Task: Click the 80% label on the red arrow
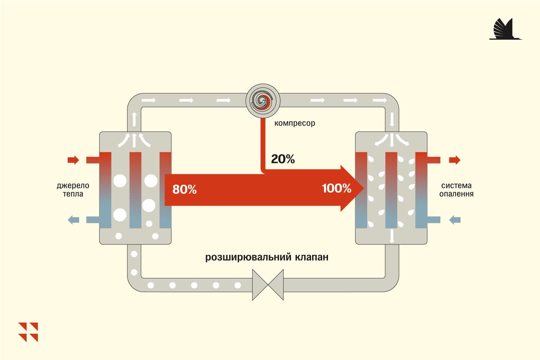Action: point(184,189)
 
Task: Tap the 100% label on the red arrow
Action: point(337,188)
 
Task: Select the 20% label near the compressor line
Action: point(283,159)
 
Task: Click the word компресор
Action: point(294,123)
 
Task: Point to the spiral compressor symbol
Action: point(263,101)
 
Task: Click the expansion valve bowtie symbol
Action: point(268,285)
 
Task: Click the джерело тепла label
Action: point(73,189)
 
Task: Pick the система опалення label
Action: point(456,189)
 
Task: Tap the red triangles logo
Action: point(28,332)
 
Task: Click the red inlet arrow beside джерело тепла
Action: point(73,160)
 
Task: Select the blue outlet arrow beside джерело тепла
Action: point(73,220)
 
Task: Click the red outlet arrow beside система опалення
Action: point(455,160)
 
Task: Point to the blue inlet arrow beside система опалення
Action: point(455,220)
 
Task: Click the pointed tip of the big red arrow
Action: point(364,188)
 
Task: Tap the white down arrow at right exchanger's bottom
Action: point(392,236)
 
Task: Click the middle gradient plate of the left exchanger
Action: point(135,190)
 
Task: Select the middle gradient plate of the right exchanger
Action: point(391,190)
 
